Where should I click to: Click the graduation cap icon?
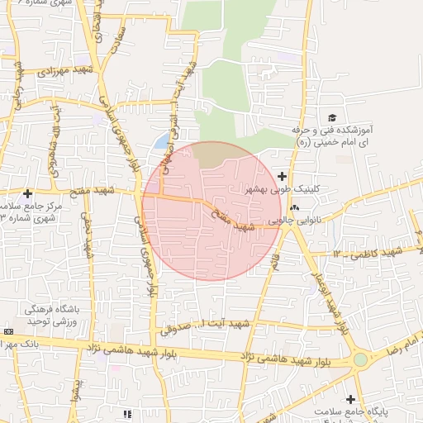coord(332,118)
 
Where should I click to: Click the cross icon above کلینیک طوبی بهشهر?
coord(283,175)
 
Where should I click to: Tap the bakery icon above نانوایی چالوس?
coord(295,207)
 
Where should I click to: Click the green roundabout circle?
coord(360,359)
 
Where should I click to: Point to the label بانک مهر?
coord(25,343)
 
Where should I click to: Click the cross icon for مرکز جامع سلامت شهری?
coord(27,192)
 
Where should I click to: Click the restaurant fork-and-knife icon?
coord(126,413)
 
